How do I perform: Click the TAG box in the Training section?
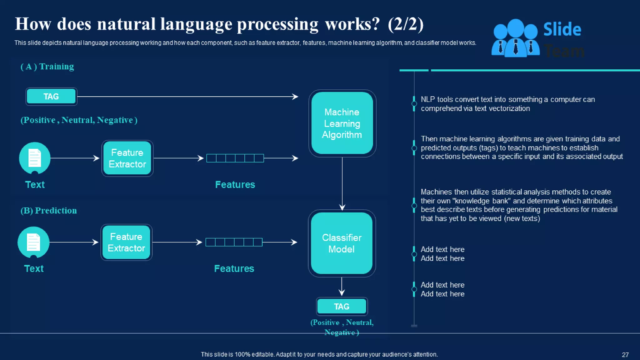point(51,97)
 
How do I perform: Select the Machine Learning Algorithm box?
point(342,123)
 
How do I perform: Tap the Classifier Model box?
point(342,243)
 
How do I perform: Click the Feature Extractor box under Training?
point(127,158)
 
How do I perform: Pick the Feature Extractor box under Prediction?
point(126,242)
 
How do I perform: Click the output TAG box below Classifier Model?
point(342,307)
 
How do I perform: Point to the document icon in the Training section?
point(35,158)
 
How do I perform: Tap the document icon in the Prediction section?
point(33,242)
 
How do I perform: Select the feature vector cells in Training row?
point(235,158)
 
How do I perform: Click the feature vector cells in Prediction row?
point(234,242)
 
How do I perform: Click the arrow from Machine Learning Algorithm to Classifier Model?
point(342,184)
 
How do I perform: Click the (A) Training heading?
point(47,67)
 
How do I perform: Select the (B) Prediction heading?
point(49,211)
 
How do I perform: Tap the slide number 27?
point(625,355)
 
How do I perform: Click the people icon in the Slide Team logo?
point(515,38)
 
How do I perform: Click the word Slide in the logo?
point(562,30)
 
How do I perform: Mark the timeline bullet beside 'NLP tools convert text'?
point(414,104)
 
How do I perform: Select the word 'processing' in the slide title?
point(277,24)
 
